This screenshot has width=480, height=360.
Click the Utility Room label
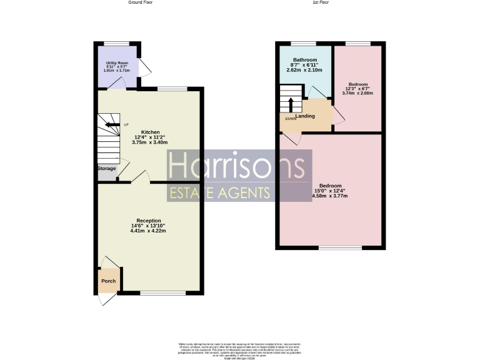(x=116, y=63)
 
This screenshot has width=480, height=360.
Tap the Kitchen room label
(x=150, y=132)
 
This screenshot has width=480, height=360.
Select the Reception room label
(x=149, y=221)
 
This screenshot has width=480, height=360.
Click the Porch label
(x=109, y=281)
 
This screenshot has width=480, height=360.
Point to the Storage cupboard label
(x=106, y=169)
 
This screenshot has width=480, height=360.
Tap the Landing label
(x=305, y=116)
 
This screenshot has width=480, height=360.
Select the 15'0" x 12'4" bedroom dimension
(x=330, y=191)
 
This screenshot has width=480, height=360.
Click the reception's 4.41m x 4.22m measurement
(x=148, y=231)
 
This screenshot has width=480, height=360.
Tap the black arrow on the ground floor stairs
(x=112, y=124)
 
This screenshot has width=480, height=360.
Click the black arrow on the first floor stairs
(x=290, y=103)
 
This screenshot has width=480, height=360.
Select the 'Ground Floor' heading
(x=140, y=2)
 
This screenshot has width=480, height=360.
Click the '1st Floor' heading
(x=321, y=2)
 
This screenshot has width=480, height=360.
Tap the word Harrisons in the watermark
(x=238, y=167)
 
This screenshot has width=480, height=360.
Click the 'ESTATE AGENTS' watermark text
(x=220, y=192)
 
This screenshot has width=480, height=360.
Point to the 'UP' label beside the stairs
(x=126, y=124)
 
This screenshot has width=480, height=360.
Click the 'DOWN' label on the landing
(x=291, y=119)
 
